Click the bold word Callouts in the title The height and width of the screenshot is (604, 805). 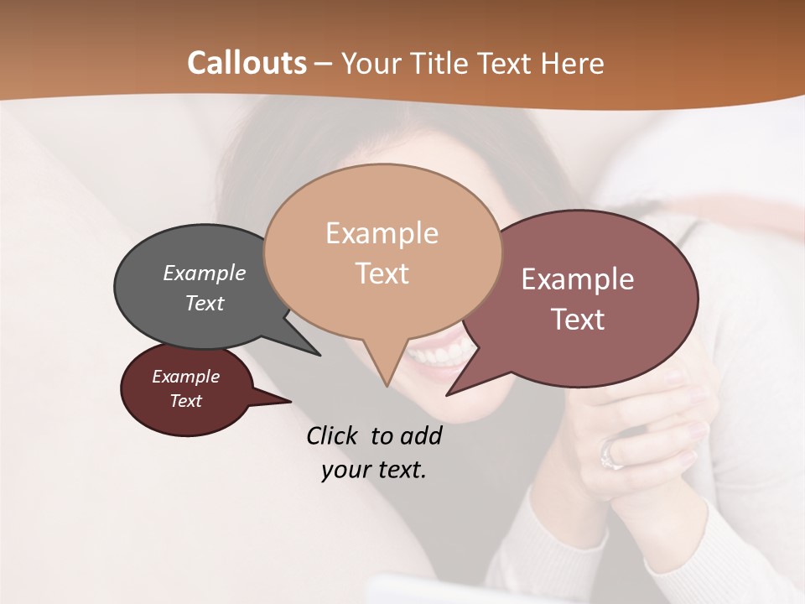(247, 63)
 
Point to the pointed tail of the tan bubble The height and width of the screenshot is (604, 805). (387, 377)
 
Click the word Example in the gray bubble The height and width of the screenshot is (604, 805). (205, 273)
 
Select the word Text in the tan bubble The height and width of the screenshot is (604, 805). (382, 273)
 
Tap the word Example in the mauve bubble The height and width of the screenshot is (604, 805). (578, 279)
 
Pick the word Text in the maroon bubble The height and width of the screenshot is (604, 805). (186, 401)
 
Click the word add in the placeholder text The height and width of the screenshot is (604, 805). (421, 436)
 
